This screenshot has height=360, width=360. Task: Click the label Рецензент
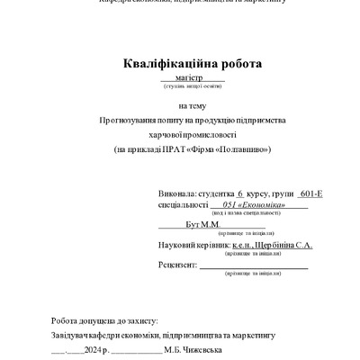[x=176, y=265]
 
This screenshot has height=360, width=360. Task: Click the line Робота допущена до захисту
[x=104, y=320]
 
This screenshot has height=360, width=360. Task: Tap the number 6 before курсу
[x=240, y=193]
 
